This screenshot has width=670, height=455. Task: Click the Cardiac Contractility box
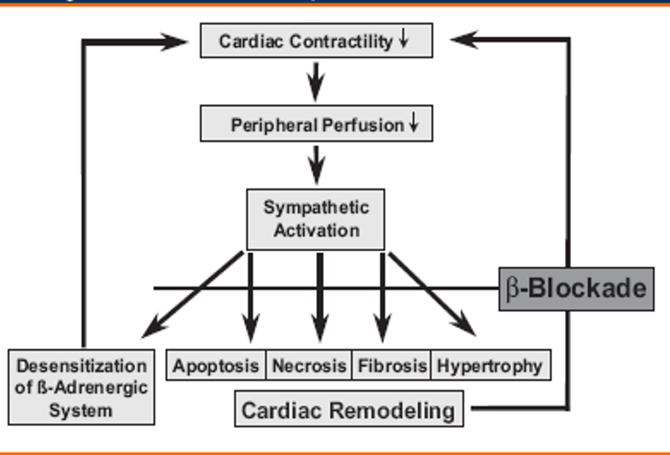tap(316, 41)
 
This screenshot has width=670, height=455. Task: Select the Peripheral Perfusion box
tap(316, 124)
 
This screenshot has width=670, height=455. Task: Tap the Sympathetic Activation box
tap(316, 219)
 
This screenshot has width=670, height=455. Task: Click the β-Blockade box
tap(576, 289)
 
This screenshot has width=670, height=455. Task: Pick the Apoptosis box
tap(216, 366)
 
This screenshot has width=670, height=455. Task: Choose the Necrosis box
tap(309, 366)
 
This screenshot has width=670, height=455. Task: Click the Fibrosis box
tap(392, 366)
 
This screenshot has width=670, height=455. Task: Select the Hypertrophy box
tap(490, 366)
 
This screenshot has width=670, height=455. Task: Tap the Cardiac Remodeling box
tap(348, 410)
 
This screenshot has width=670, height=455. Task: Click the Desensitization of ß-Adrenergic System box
tap(81, 388)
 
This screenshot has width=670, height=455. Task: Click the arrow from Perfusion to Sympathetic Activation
tap(316, 165)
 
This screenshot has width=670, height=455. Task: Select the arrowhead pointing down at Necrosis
tap(320, 329)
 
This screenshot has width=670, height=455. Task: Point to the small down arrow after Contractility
tap(404, 38)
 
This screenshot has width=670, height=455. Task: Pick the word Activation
tap(316, 231)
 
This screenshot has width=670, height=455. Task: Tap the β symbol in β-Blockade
tap(513, 289)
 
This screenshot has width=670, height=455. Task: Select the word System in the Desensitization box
tap(81, 411)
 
